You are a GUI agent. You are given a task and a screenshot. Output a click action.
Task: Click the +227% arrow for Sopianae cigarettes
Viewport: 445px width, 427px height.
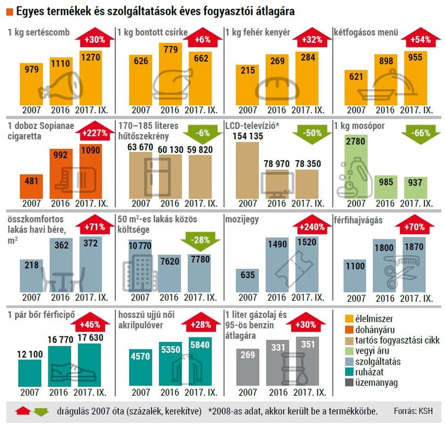coord(94,131)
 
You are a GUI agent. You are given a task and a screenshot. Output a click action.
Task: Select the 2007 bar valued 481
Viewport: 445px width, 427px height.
coord(31,187)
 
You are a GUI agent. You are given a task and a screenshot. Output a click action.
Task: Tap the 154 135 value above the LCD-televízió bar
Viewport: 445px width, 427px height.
coord(248,136)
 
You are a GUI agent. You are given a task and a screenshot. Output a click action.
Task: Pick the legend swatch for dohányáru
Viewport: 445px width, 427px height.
coord(349,329)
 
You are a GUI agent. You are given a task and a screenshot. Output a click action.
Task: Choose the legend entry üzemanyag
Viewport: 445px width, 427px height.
coord(371,383)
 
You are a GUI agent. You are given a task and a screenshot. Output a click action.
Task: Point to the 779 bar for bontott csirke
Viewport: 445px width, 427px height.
coord(170,74)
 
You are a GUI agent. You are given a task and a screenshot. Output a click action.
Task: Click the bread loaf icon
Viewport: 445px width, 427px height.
coord(277,88)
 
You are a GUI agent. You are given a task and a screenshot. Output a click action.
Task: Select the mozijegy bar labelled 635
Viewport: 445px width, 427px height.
coord(247,280)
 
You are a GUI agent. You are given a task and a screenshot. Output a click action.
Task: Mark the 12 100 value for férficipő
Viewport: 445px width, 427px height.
coord(30,355)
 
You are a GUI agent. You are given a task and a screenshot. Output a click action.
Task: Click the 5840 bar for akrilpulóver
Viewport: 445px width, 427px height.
coord(200,362)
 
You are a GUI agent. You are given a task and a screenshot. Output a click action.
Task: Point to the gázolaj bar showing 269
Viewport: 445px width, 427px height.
coord(248,367)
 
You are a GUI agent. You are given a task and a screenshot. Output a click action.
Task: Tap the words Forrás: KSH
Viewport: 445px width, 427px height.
coord(413,411)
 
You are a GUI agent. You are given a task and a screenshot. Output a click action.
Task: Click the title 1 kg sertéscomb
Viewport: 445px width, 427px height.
coord(38,32)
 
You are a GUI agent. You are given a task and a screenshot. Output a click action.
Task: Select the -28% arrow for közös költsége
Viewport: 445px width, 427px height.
coord(201,241)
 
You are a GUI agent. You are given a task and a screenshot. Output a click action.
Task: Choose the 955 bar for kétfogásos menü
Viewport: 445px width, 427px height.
coord(415,78)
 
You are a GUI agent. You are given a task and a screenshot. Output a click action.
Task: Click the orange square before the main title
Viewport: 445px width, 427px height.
coord(10,12)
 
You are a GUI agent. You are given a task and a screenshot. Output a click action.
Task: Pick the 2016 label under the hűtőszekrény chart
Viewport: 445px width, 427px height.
coord(170,203)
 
